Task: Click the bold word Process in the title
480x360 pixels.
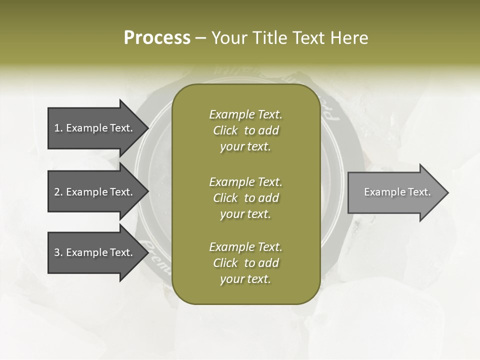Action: pyautogui.click(x=157, y=38)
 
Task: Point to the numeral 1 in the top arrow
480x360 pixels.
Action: pyautogui.click(x=57, y=128)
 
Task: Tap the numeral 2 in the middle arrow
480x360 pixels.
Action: pyautogui.click(x=57, y=192)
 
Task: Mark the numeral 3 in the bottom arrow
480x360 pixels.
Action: pyautogui.click(x=57, y=252)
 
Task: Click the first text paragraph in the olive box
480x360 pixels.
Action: pyautogui.click(x=245, y=130)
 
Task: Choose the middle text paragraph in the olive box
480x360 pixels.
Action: pyautogui.click(x=245, y=198)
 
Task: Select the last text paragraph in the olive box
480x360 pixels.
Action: pyautogui.click(x=245, y=263)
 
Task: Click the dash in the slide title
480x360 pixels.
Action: pyautogui.click(x=201, y=38)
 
